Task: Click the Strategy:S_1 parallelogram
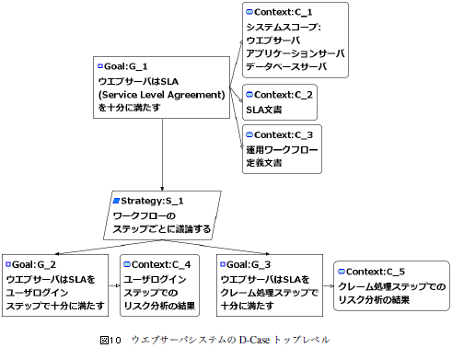point(162,214)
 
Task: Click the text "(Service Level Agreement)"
point(161,94)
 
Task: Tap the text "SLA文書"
point(264,110)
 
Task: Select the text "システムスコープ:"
point(282,27)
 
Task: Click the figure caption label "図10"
point(111,340)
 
